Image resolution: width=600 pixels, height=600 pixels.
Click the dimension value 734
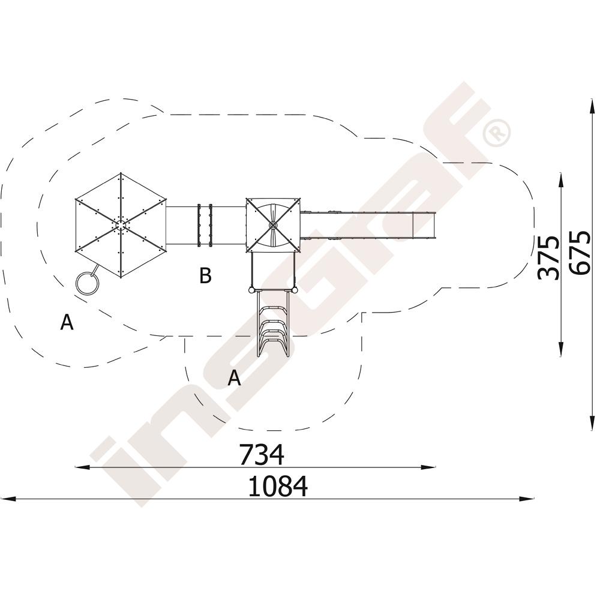(x=262, y=454)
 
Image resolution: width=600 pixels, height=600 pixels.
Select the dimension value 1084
(x=278, y=486)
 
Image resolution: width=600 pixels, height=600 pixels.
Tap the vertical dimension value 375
(x=548, y=258)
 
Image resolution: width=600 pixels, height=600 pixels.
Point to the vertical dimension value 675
(x=580, y=252)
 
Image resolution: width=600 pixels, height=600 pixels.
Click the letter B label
(x=205, y=275)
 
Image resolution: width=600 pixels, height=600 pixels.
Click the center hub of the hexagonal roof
(x=121, y=224)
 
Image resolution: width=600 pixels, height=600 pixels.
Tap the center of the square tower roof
(x=273, y=225)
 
